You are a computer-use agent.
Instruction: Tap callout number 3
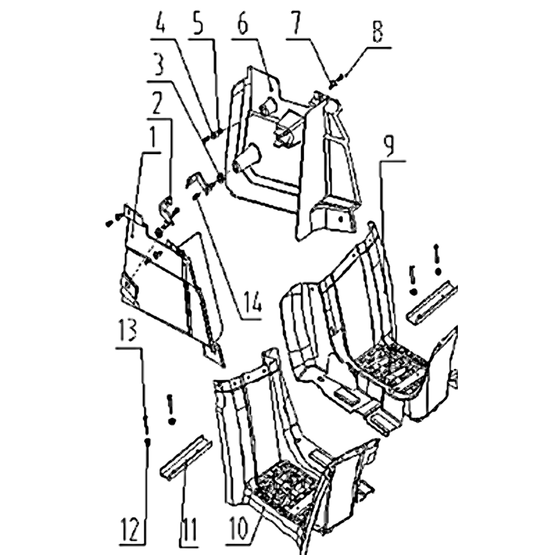tap(159, 64)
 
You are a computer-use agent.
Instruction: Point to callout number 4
tap(161, 23)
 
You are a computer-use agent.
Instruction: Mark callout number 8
tap(377, 31)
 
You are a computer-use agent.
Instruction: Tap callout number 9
tap(389, 145)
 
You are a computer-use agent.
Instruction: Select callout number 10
tap(239, 529)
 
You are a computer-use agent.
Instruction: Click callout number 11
tap(189, 529)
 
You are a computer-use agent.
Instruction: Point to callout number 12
tap(131, 529)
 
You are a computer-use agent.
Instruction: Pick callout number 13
tap(128, 330)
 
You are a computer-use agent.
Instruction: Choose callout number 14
tap(253, 302)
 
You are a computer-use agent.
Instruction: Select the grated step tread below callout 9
tap(391, 366)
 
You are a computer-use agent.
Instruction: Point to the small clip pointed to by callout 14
tap(196, 196)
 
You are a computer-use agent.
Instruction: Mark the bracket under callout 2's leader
tap(166, 212)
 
